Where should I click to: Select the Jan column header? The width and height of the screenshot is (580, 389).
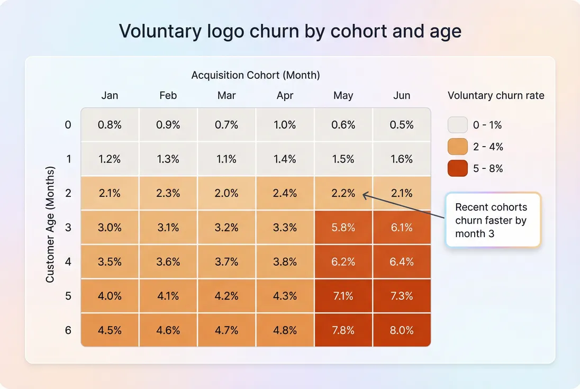(x=110, y=96)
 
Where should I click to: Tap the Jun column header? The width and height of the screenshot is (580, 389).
(x=402, y=96)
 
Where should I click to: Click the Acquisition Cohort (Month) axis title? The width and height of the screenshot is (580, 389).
(x=256, y=75)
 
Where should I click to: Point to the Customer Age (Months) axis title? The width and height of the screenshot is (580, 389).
(x=50, y=225)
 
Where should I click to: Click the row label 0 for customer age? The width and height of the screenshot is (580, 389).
(x=68, y=125)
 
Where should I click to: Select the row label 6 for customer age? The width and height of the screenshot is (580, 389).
(x=68, y=330)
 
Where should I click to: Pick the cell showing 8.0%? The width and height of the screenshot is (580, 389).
(x=402, y=330)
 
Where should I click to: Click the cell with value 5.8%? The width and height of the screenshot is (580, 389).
(x=343, y=228)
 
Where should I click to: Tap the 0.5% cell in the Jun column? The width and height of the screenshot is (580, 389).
(x=402, y=125)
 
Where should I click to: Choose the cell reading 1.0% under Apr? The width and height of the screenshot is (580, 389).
(x=285, y=125)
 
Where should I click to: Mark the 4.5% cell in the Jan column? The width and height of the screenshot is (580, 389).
(x=110, y=330)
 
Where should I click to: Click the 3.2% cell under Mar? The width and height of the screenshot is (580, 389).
(x=226, y=228)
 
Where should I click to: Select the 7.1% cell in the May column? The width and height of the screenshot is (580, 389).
(x=343, y=296)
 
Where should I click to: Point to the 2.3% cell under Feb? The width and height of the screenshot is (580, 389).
(x=168, y=193)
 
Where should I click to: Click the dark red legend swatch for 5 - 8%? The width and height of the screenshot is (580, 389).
(x=457, y=168)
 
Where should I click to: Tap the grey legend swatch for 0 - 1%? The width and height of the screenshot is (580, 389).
(x=457, y=125)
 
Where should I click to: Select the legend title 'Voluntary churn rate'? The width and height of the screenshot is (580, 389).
(x=496, y=96)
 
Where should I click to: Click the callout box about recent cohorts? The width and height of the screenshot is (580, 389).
(x=493, y=220)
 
